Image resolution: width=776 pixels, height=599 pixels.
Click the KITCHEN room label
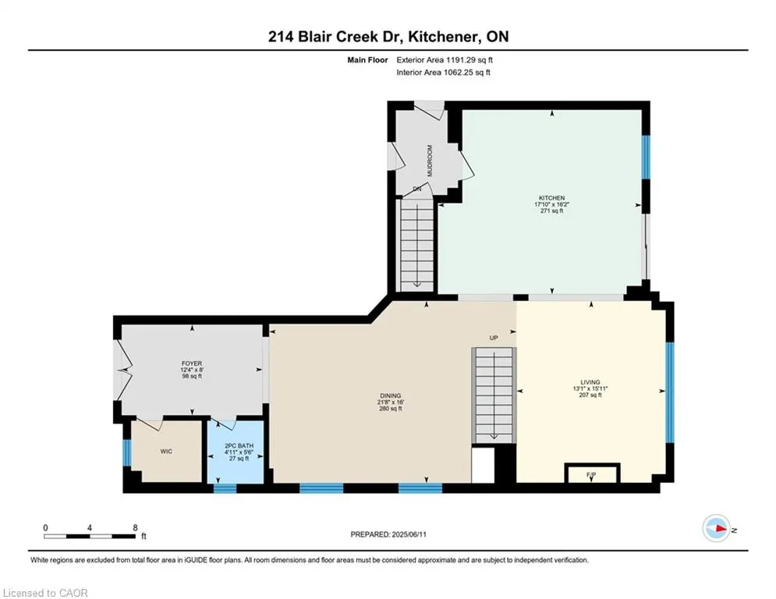click(552, 198)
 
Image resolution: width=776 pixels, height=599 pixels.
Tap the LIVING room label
click(590, 382)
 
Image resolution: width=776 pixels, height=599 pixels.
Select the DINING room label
click(391, 395)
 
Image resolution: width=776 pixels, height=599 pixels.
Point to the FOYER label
click(192, 363)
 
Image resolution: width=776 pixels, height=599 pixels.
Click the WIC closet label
click(166, 452)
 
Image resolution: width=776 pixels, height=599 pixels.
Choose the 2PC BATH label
click(239, 445)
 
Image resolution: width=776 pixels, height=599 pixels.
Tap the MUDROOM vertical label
click(430, 161)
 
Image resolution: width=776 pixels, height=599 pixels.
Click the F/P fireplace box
click(592, 473)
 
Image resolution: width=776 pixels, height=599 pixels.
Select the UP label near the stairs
click(494, 338)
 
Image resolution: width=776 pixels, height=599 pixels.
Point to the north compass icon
click(716, 529)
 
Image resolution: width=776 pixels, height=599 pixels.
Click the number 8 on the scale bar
click(135, 528)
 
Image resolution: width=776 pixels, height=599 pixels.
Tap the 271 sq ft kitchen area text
click(552, 211)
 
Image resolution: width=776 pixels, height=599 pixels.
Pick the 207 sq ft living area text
click(590, 395)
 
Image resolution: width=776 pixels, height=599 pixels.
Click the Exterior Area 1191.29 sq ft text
click(445, 60)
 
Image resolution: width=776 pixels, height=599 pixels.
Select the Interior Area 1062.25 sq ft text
click(444, 73)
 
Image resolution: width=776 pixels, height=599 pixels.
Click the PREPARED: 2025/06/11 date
click(388, 534)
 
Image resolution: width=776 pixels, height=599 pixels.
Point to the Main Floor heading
click(367, 60)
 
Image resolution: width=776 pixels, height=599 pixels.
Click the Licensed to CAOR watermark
click(45, 593)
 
